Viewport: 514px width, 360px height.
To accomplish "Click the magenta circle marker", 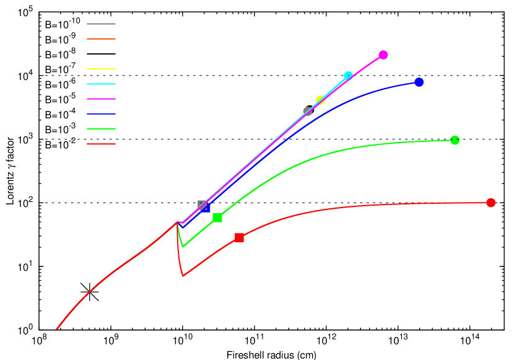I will coord(383,55).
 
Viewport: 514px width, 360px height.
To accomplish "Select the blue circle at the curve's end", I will coord(419,82).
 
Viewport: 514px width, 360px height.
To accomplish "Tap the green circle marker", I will coord(455,141).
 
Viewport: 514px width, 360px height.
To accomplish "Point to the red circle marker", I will coord(491,203).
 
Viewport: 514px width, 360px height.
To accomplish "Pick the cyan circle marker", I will coord(348,76).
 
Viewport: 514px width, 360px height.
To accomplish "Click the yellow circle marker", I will coord(320,100).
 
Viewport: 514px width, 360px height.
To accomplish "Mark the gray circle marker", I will coord(308,112).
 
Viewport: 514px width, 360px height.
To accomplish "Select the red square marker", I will coord(239,238).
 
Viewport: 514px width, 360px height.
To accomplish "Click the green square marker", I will coord(217,217).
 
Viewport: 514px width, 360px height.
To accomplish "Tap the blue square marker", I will coord(206,208).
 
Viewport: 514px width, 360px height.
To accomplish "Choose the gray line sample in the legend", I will coord(101,24).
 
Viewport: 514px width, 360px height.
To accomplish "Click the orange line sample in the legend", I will coord(101,39).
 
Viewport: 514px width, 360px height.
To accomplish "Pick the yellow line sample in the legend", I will coord(101,69).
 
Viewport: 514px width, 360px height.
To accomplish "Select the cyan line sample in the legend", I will coord(101,84).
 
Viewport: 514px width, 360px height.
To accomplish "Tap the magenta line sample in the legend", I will coord(101,99).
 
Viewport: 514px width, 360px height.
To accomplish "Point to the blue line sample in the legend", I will coord(101,114).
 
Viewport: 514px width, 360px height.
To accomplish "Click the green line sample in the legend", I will coord(101,129).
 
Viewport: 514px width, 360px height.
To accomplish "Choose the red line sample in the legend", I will coord(101,144).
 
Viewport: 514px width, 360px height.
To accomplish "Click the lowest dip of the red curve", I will coord(183,276).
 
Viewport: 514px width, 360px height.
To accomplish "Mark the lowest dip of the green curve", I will coord(183,246).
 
